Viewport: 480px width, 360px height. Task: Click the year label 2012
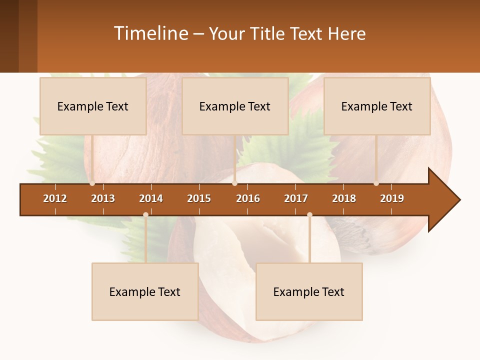click(55, 198)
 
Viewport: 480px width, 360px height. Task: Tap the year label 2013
click(103, 198)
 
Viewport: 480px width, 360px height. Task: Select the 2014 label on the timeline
click(151, 198)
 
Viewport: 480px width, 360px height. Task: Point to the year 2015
click(199, 198)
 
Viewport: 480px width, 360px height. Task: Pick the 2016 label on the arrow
click(248, 198)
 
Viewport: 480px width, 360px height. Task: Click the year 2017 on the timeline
click(296, 198)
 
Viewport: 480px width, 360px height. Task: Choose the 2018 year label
click(344, 198)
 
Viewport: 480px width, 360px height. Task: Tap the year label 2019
click(392, 198)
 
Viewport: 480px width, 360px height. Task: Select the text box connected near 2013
click(93, 106)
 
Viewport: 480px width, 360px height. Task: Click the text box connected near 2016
click(235, 106)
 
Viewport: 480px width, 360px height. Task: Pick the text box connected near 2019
click(377, 106)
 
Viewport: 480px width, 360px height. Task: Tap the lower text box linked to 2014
click(145, 292)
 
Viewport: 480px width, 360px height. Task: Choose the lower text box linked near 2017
click(309, 292)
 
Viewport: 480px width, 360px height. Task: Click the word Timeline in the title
click(150, 33)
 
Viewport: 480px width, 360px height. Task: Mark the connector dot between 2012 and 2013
click(92, 183)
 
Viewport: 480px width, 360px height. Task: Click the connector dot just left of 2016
click(234, 183)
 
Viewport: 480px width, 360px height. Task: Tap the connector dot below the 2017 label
click(309, 214)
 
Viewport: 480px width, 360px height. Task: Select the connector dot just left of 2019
click(376, 183)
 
